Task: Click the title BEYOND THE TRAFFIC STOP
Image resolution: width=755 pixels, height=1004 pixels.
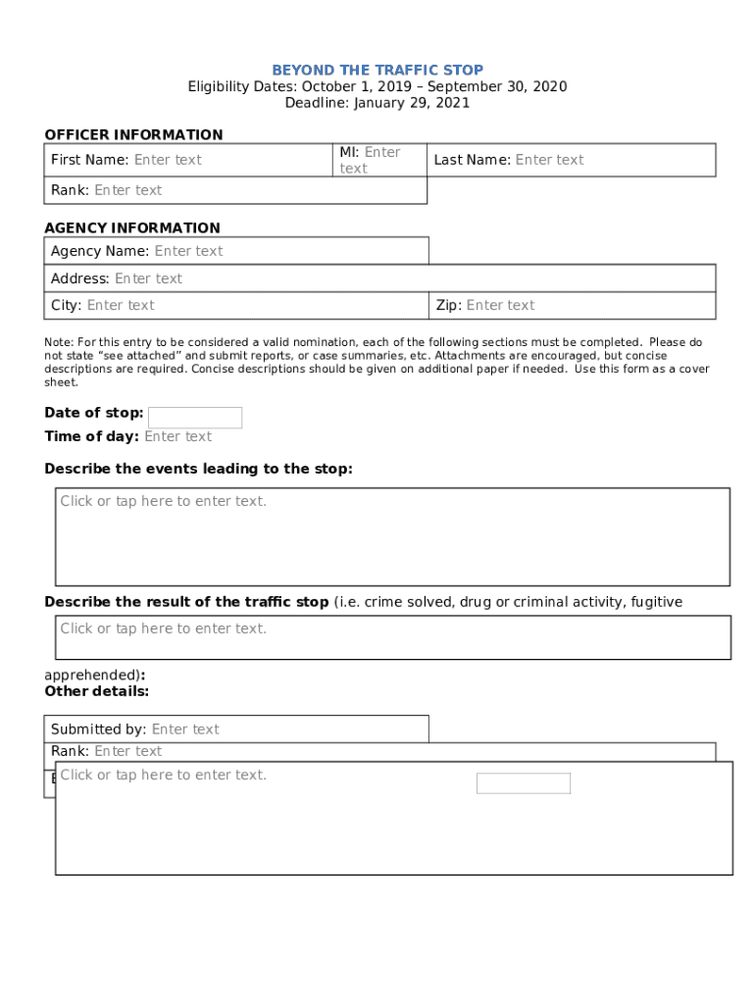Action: tap(377, 70)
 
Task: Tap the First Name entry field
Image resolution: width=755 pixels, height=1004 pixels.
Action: tap(168, 160)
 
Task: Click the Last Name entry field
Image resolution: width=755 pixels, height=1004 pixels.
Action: tap(549, 160)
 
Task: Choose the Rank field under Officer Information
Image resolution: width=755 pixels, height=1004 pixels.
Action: tap(127, 190)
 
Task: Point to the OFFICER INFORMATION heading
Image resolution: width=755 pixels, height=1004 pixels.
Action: tap(133, 134)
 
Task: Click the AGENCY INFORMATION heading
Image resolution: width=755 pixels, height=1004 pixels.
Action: tap(132, 227)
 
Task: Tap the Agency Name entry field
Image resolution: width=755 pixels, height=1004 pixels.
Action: tap(188, 251)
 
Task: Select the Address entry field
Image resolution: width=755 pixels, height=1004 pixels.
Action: tap(148, 278)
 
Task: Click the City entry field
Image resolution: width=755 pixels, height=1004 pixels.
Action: tap(121, 305)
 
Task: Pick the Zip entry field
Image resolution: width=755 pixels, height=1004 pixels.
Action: tap(500, 305)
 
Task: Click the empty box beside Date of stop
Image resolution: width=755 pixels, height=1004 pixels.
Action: tap(195, 418)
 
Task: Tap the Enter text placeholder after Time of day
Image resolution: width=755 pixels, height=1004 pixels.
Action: tap(177, 436)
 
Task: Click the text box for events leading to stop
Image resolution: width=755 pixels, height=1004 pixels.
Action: tap(392, 536)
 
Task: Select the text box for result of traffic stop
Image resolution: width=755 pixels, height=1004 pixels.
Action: tap(392, 637)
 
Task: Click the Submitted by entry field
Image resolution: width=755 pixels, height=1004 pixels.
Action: tap(185, 729)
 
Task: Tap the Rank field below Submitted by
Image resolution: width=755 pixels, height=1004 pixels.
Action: tap(127, 751)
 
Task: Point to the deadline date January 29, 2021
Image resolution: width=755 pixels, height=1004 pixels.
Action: tap(412, 103)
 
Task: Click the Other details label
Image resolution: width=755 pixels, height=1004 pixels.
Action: tap(96, 691)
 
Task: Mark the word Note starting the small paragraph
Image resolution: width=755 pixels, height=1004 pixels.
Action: tap(58, 342)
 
